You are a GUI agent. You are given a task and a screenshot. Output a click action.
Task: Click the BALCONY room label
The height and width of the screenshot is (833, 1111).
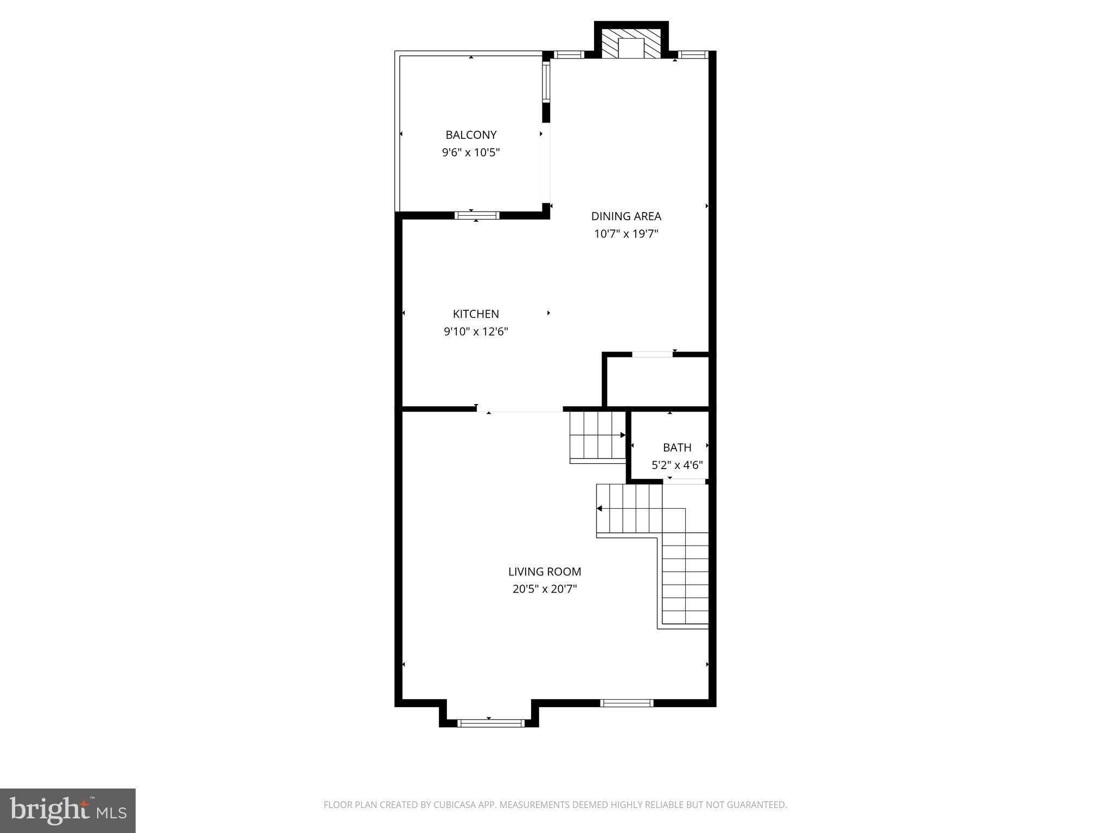pos(471,134)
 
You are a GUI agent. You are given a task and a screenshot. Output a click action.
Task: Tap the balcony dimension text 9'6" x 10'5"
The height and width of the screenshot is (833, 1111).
pos(471,152)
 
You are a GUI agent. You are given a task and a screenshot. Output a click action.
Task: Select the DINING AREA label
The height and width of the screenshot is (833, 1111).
pos(626,216)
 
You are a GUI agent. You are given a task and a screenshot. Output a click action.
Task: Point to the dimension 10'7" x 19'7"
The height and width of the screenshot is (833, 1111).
pos(626,234)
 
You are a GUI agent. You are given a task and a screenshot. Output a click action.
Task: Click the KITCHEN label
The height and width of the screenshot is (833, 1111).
pos(476,313)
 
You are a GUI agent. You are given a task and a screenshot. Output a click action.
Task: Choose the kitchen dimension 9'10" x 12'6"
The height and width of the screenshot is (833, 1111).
pos(476,331)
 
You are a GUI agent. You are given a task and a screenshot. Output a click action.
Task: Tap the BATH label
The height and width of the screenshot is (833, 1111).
pos(677,447)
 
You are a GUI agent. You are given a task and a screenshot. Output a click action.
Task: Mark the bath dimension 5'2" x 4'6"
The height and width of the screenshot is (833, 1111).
pos(677,465)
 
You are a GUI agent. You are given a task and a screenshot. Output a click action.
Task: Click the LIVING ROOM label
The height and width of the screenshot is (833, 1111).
pos(545,571)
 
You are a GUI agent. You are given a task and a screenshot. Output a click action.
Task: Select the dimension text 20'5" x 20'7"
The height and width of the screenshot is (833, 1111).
pos(545,589)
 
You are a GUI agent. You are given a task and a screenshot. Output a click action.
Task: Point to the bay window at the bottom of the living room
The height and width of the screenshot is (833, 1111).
pos(491,722)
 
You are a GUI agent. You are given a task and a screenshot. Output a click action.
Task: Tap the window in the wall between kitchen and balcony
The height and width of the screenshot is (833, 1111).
pos(477,215)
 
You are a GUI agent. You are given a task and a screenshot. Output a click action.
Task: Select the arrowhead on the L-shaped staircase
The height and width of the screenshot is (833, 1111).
pos(599,508)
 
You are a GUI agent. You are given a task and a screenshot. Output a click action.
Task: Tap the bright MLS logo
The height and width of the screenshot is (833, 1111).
pos(68,810)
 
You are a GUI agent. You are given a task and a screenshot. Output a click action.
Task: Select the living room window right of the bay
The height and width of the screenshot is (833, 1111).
pos(627,703)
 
